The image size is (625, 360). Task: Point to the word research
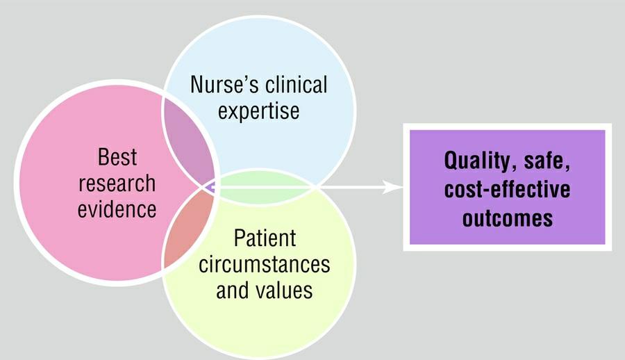pyautogui.click(x=117, y=183)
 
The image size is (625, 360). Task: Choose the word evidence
pyautogui.click(x=117, y=208)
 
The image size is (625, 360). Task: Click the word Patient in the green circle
pyautogui.click(x=264, y=238)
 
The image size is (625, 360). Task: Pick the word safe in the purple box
pyautogui.click(x=545, y=162)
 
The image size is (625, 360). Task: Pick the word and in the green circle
pyautogui.click(x=232, y=289)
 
